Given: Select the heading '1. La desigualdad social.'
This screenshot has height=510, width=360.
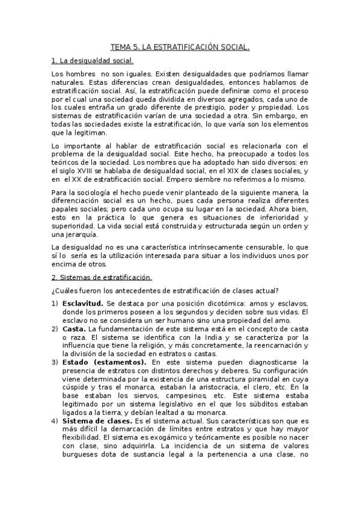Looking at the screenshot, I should pyautogui.click(x=93, y=61).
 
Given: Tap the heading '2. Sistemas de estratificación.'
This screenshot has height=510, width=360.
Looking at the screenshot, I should pyautogui.click(x=102, y=277).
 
